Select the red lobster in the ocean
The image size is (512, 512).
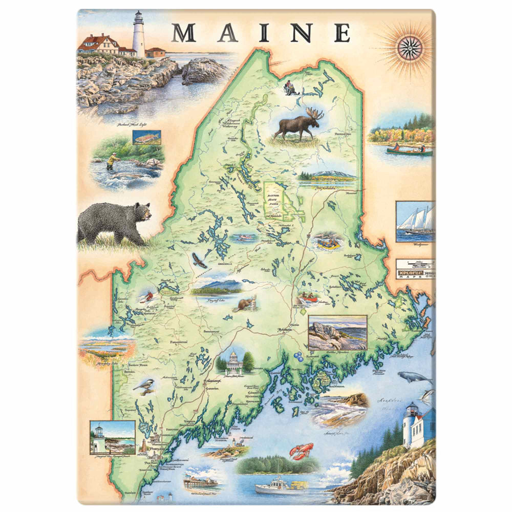301,451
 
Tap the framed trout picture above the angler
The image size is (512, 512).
146,137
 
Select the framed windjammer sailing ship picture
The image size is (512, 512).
415,221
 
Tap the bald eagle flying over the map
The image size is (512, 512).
200,261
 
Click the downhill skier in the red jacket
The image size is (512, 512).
148,296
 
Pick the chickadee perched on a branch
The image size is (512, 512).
144,387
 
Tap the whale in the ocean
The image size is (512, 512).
414,377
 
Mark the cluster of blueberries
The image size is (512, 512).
297,356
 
